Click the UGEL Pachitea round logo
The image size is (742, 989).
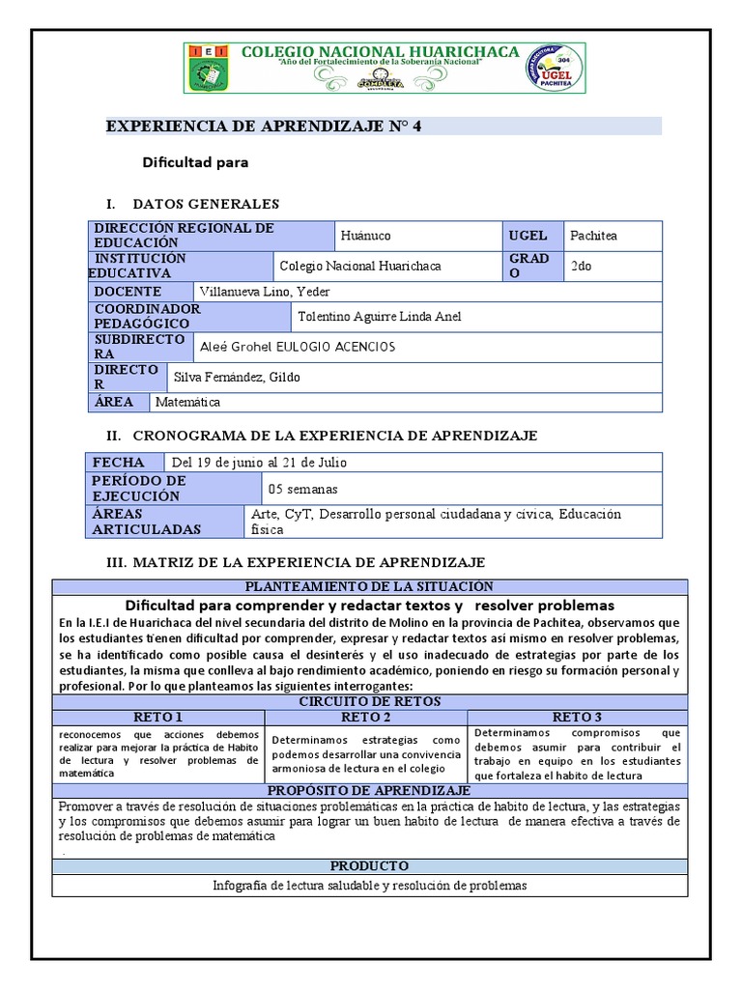pyautogui.click(x=554, y=69)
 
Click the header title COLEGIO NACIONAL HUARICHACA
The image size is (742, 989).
pyautogui.click(x=380, y=52)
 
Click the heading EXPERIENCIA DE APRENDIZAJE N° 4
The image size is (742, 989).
pyautogui.click(x=264, y=127)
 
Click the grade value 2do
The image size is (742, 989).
pyautogui.click(x=582, y=267)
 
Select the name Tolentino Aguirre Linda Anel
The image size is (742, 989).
pyautogui.click(x=380, y=317)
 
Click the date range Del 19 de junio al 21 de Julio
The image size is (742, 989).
pyautogui.click(x=259, y=463)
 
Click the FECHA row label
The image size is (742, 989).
pyautogui.click(x=119, y=463)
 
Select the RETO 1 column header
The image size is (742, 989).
pyautogui.click(x=158, y=717)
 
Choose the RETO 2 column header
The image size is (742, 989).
pyautogui.click(x=365, y=717)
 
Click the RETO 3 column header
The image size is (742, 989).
pyautogui.click(x=577, y=717)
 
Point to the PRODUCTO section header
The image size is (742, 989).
pyautogui.click(x=369, y=865)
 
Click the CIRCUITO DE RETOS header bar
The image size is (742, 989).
pyautogui.click(x=369, y=701)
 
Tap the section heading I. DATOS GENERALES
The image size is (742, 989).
pyautogui.click(x=193, y=204)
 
